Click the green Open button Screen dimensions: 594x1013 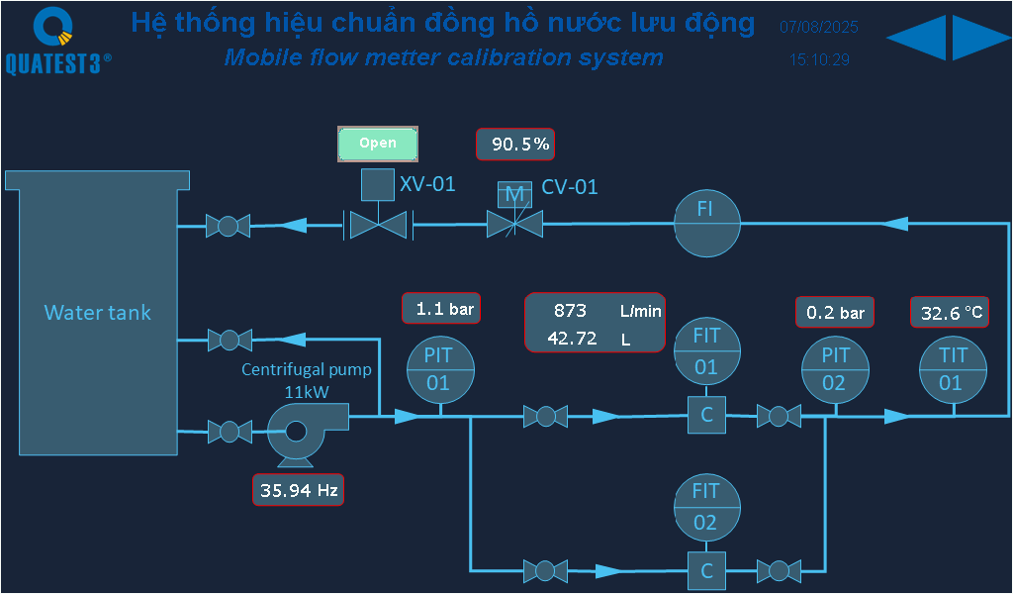(x=378, y=144)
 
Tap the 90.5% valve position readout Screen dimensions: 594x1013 (x=515, y=145)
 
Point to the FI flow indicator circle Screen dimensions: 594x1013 (x=706, y=224)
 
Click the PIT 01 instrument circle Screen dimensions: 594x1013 (x=441, y=368)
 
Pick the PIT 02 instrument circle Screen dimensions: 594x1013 (x=835, y=368)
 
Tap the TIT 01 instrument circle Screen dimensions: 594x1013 (x=953, y=368)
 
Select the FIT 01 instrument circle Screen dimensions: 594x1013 (x=706, y=351)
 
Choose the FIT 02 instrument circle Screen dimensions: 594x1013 (x=706, y=507)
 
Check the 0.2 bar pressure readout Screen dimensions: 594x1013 (x=835, y=313)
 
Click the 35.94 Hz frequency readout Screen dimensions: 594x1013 (x=299, y=489)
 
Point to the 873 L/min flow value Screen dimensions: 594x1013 (x=571, y=310)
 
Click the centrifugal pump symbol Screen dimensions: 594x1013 (x=299, y=433)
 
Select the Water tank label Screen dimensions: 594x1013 (x=98, y=313)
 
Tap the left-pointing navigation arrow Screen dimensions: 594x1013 (x=916, y=38)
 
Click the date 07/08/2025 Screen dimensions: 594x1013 (x=818, y=28)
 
